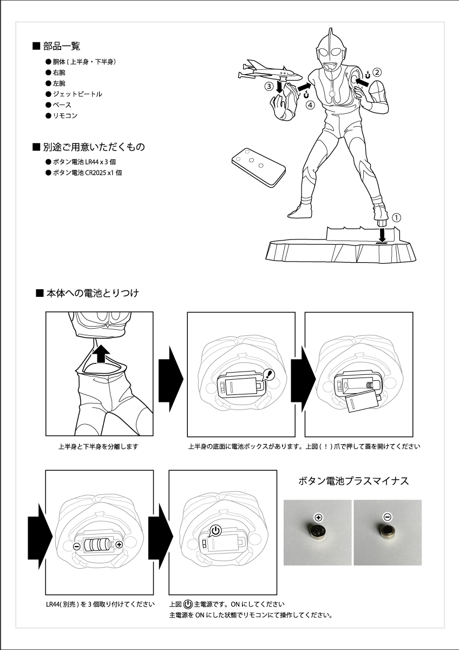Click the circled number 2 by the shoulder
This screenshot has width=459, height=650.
377,71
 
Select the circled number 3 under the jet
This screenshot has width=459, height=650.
268,86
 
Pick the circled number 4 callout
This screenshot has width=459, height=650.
310,105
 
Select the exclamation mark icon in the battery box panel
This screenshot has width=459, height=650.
271,374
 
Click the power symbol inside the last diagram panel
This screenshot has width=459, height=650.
215,530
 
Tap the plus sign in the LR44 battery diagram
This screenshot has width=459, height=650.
119,544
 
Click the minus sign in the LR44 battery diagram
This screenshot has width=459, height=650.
77,546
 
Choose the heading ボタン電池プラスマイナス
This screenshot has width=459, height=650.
353,481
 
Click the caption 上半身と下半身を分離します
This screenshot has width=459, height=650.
99,447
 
